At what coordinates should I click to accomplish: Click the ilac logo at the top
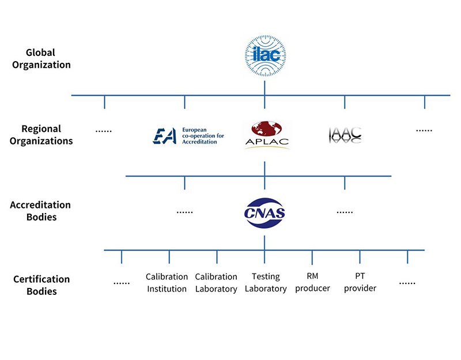(264, 56)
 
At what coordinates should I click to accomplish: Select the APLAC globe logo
(265, 135)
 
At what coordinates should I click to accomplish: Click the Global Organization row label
(40, 59)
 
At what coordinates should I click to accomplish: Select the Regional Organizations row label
(40, 135)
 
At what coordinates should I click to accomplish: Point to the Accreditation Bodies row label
(40, 211)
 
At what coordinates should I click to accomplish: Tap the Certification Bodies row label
(41, 285)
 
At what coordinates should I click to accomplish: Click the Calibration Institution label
(167, 283)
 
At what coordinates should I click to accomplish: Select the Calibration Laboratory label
(216, 283)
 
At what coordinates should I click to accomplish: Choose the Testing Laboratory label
(266, 283)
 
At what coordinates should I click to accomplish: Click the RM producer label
(312, 282)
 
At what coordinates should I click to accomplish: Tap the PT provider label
(360, 282)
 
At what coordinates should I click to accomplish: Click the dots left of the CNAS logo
(184, 211)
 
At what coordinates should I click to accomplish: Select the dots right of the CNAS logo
(345, 211)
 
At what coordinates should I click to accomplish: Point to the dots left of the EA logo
(104, 130)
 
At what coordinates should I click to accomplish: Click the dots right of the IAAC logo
(424, 130)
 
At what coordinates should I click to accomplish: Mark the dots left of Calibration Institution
(122, 282)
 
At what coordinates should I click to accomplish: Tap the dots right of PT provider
(407, 282)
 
